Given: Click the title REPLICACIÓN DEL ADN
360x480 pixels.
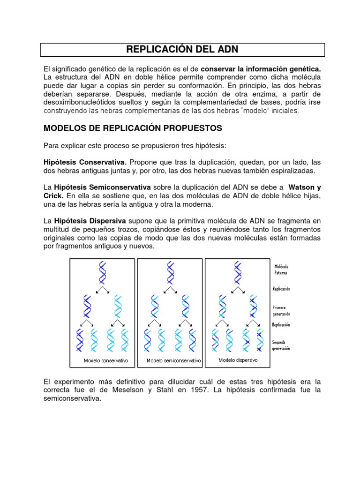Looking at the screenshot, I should click(x=182, y=50).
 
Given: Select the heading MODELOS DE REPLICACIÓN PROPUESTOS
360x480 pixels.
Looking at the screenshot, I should click(x=132, y=128).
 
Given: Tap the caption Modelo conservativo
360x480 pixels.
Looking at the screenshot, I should click(x=106, y=361).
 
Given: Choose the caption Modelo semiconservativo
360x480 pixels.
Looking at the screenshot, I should click(x=173, y=361).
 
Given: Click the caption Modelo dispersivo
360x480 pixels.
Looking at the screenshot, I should click(x=238, y=360).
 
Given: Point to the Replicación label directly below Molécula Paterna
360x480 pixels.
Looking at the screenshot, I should click(x=281, y=289).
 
